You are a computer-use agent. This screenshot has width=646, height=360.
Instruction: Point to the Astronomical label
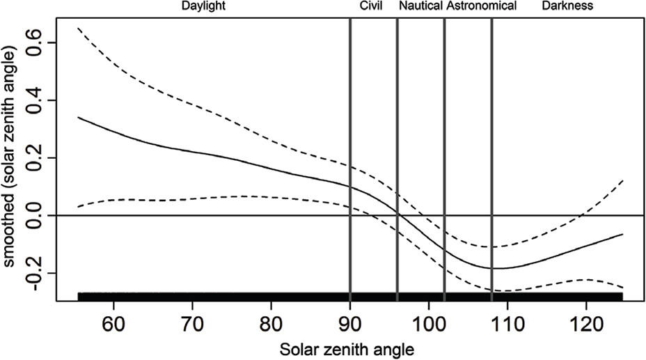coord(482,6)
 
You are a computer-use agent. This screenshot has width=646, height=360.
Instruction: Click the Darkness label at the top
coord(568,6)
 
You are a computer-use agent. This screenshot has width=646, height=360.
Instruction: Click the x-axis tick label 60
coord(113,324)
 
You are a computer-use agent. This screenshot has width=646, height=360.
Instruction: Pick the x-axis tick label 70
coord(192,324)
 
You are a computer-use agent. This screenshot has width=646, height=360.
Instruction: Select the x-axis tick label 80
coord(271,324)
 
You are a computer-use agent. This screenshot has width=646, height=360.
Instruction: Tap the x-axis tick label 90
coord(350,324)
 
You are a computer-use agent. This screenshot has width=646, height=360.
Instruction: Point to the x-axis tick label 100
coord(429,324)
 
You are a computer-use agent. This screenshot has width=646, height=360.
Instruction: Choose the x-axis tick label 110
coord(507,324)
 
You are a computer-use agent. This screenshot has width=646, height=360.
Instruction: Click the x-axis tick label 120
coord(586,324)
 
